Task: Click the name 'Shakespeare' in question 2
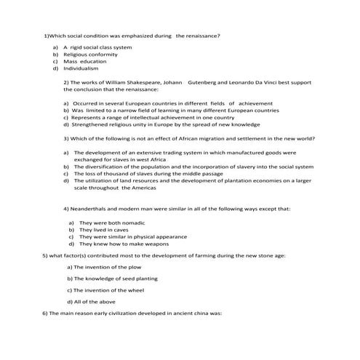click(138, 83)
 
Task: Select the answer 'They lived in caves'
click(103, 229)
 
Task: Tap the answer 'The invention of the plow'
click(103, 268)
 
